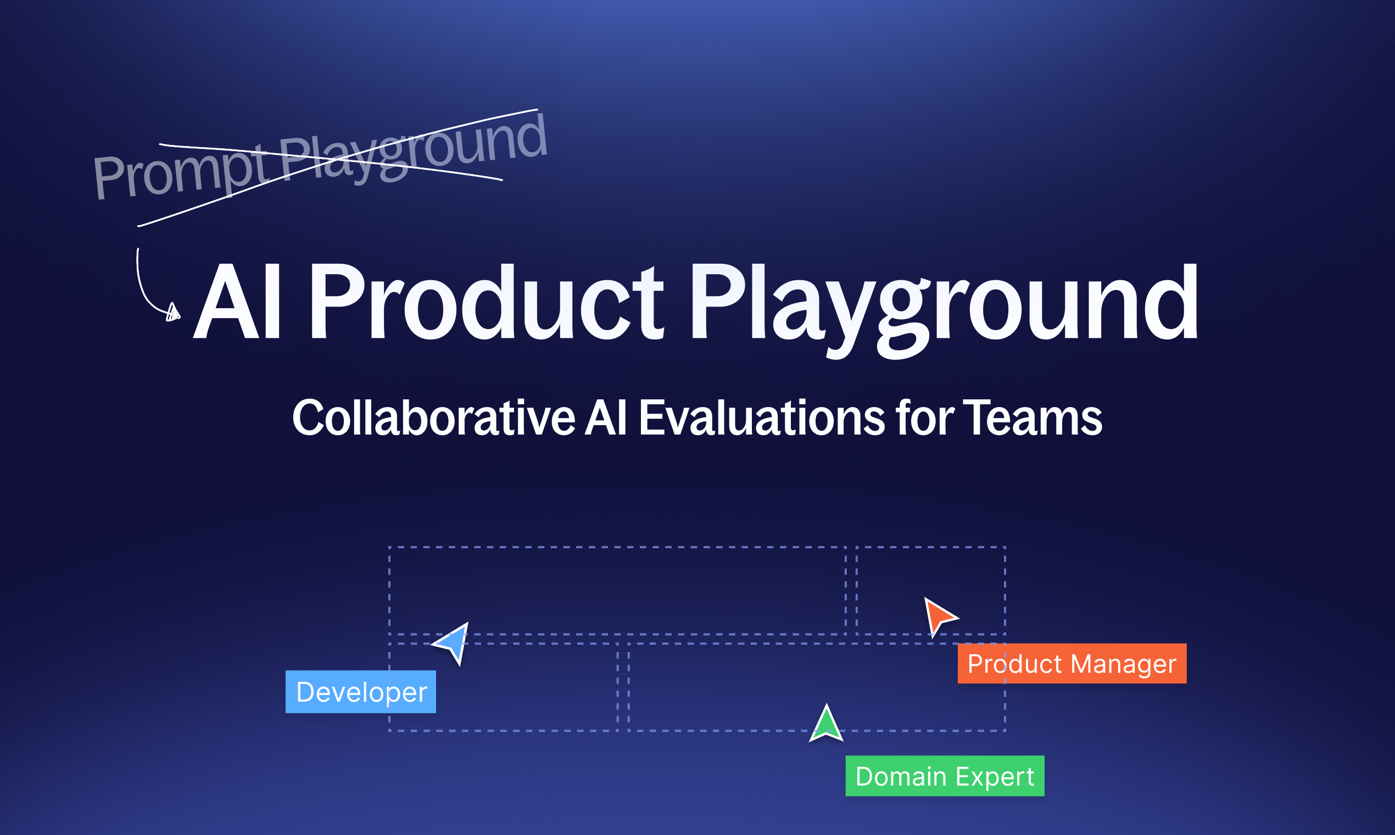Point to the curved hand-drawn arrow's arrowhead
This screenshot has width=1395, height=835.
pyautogui.click(x=173, y=311)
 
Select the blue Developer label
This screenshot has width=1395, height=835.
pyautogui.click(x=361, y=692)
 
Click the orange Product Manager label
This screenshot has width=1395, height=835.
pyautogui.click(x=1072, y=664)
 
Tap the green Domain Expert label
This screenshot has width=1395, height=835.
pyautogui.click(x=945, y=776)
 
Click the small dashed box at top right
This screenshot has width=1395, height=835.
pyautogui.click(x=930, y=589)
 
